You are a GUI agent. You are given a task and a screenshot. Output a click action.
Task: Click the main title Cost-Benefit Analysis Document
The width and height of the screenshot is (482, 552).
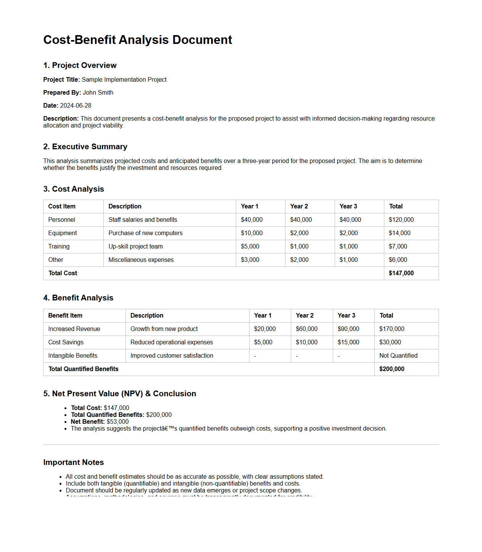click(137, 40)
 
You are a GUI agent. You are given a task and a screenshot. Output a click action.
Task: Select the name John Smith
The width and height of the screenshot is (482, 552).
click(98, 92)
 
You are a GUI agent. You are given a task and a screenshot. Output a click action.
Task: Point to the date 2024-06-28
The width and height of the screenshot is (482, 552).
click(76, 105)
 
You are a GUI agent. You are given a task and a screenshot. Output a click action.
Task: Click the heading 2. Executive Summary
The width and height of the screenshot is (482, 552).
click(85, 147)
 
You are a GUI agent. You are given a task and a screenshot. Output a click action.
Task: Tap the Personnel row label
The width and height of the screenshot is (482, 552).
click(61, 220)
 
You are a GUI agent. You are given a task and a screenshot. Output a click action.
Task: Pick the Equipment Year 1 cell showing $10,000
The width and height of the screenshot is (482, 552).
click(251, 233)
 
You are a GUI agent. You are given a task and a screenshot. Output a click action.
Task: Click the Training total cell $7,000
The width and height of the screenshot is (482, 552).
click(398, 246)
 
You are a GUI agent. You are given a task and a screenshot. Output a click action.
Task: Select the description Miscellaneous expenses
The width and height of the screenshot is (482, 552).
click(141, 260)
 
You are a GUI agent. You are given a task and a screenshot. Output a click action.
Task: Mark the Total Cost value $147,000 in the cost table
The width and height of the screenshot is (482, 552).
click(401, 273)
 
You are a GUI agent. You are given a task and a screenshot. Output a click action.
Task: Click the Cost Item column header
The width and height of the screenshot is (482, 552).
click(62, 206)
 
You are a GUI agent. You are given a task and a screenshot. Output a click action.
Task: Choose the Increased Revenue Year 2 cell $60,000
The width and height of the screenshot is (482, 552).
click(306, 329)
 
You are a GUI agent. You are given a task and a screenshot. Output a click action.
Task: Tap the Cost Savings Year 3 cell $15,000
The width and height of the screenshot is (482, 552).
click(348, 342)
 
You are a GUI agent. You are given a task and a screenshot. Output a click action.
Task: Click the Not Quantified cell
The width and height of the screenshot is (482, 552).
click(398, 355)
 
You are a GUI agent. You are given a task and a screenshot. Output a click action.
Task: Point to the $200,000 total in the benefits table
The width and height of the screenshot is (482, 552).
click(392, 369)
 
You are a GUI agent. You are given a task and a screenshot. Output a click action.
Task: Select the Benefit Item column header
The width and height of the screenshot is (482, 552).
click(65, 315)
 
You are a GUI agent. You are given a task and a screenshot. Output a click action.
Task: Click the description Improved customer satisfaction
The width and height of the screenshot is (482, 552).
click(172, 355)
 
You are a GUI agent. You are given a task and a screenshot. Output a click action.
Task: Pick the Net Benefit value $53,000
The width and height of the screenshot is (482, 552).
click(118, 421)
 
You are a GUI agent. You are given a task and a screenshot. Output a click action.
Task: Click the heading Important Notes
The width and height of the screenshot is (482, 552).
click(73, 462)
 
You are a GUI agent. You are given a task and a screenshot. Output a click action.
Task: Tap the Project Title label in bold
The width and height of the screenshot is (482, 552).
click(61, 79)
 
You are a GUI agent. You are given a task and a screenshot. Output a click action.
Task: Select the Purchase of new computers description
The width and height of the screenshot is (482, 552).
click(145, 233)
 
